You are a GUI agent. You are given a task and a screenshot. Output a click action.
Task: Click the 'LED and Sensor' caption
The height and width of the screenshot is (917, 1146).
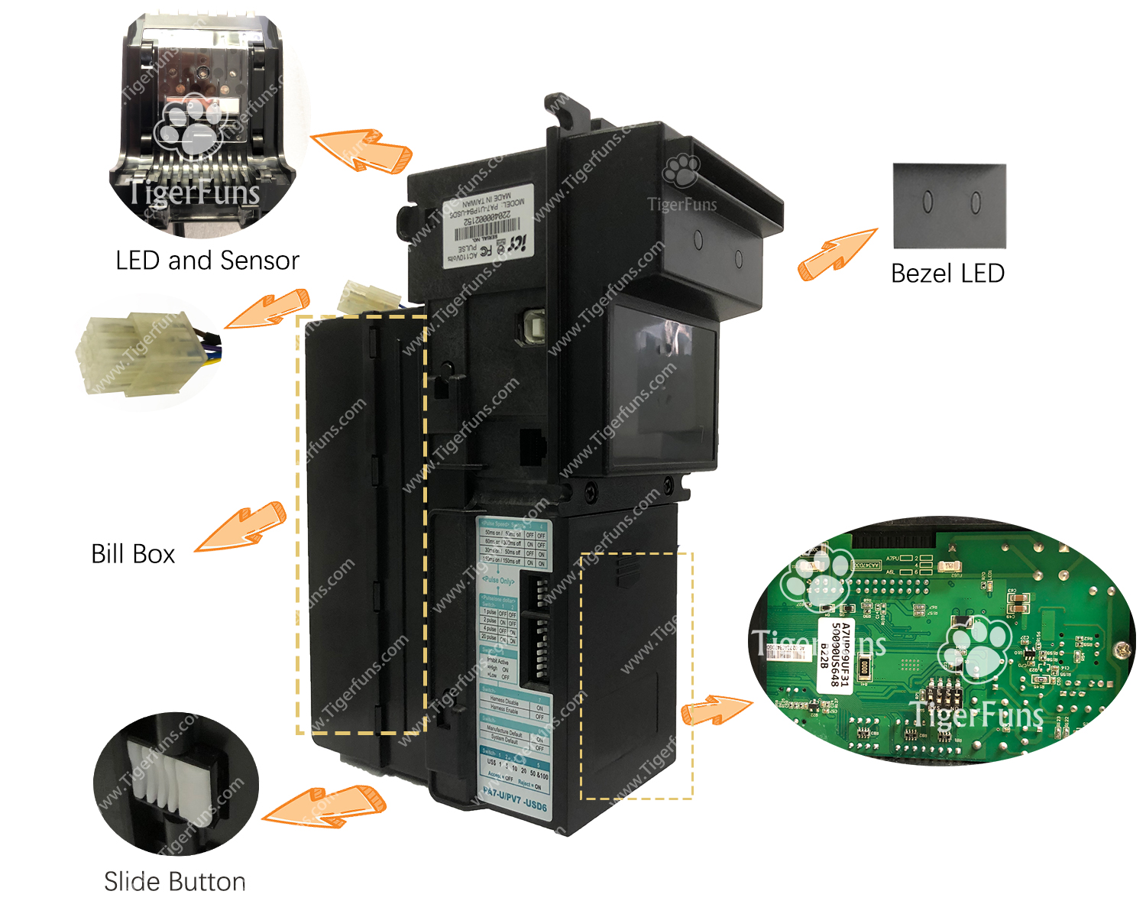[x=207, y=261]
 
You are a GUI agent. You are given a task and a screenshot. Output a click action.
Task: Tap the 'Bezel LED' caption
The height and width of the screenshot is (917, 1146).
[x=947, y=274]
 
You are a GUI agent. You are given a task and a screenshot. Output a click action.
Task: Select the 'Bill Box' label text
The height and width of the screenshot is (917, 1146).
[x=133, y=554]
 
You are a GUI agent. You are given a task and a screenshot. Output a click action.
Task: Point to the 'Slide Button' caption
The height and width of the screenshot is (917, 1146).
[x=175, y=882]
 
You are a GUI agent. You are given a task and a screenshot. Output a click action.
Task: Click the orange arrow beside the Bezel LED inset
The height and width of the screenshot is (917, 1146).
[x=836, y=254]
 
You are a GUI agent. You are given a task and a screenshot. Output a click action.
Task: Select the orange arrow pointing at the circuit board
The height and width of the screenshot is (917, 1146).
[x=714, y=709]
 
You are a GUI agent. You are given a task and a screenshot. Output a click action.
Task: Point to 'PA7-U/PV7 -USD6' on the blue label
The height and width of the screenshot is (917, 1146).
[x=515, y=800]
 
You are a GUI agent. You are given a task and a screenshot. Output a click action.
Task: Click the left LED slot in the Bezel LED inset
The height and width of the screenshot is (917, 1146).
[x=927, y=202]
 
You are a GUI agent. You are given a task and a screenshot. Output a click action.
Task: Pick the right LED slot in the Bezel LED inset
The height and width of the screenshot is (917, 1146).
[x=975, y=203]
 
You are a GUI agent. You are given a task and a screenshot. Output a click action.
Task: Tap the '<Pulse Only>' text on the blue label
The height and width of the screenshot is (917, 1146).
[x=498, y=581]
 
